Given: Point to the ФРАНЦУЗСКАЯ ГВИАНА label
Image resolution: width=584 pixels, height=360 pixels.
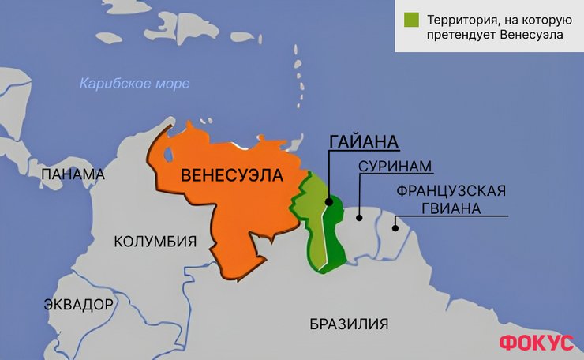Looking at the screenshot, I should (450, 201).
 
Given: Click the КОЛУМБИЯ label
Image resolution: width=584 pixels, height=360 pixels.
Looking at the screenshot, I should (155, 242).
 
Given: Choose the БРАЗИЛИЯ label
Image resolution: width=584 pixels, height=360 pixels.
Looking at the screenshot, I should (349, 324).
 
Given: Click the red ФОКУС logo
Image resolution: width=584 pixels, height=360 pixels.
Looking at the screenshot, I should (535, 342).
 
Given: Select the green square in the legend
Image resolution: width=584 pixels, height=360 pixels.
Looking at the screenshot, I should (410, 18).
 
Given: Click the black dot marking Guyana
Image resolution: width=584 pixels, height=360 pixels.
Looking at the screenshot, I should (328, 201).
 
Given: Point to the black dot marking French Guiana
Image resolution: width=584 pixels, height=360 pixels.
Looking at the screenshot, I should (396, 229).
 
